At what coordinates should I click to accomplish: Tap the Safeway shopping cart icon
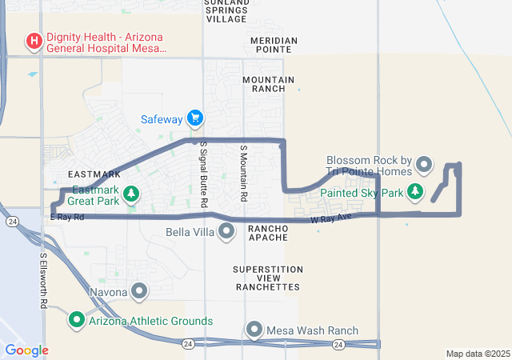(195, 119)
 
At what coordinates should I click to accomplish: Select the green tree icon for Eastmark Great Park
(132, 194)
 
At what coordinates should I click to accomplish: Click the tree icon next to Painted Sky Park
(414, 192)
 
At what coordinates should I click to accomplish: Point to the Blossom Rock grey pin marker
(425, 166)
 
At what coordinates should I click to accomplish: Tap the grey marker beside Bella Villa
(226, 232)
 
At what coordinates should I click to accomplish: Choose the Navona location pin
(139, 291)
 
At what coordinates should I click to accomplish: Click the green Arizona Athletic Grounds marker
(78, 320)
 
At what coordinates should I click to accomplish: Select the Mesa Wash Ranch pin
(254, 330)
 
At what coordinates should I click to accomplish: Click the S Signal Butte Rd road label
(203, 175)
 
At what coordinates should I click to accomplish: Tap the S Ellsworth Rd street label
(43, 280)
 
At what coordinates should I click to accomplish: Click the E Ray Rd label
(67, 217)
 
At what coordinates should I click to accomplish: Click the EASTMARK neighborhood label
(94, 174)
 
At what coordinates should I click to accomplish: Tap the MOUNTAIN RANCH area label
(268, 84)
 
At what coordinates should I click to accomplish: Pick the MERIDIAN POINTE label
(274, 45)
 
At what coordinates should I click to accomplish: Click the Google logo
(26, 350)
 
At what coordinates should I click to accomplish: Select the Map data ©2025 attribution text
(477, 354)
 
